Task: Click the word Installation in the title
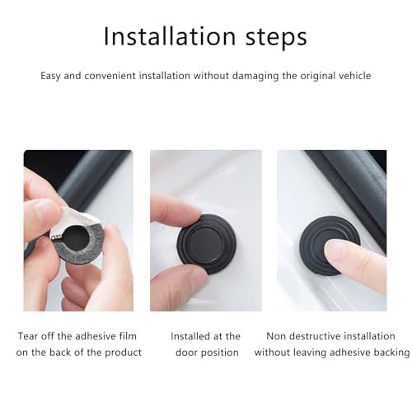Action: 170,36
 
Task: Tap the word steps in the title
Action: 276,38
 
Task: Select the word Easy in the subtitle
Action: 50,76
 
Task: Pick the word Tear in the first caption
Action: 28,336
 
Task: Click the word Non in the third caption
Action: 276,336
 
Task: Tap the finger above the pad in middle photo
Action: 175,208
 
